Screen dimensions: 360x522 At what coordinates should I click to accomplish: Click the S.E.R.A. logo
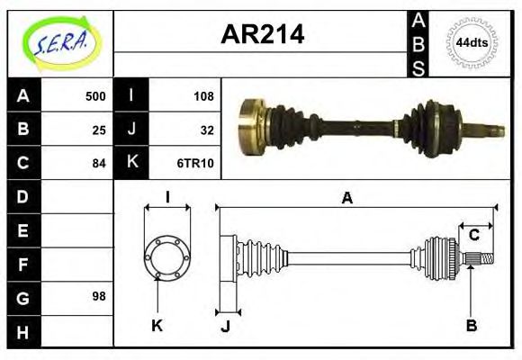pos(59,40)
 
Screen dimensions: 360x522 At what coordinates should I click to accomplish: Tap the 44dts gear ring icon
pos(472,42)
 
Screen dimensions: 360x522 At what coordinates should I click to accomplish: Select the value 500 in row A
pos(95,96)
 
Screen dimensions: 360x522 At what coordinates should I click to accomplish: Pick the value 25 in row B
pos(99,130)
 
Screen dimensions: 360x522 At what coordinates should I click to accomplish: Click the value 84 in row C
pos(99,164)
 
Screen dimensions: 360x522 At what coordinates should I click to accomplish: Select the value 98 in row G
pos(99,296)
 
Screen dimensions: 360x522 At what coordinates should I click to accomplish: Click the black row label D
pos(22,196)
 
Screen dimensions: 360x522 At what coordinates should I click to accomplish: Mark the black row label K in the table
pos(131,164)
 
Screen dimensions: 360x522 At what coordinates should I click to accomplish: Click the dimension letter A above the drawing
pos(346,198)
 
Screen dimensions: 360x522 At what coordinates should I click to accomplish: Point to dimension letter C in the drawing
pos(473,236)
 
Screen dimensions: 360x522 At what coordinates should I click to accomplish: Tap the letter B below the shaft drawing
pos(471,325)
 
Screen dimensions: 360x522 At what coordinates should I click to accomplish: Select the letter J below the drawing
pos(225,326)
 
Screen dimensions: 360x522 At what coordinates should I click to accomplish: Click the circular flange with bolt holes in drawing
pos(167,257)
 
